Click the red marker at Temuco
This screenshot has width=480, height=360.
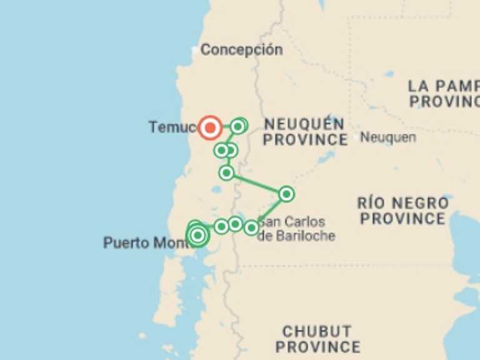[x=210, y=127]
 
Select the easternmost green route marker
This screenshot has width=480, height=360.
[x=286, y=194]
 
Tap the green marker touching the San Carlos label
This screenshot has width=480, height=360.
[x=251, y=227]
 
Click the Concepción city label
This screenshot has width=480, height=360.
[x=241, y=50]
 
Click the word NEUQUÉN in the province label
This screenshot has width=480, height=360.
[x=304, y=124]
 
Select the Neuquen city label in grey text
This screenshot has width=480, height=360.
[x=387, y=137]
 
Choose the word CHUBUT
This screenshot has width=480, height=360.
[x=317, y=332]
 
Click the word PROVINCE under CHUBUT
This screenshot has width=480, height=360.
[x=317, y=347]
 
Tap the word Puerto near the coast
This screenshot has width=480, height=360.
[x=126, y=242]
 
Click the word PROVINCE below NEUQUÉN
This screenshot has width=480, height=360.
[x=305, y=139]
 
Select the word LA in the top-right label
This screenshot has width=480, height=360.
[x=417, y=86]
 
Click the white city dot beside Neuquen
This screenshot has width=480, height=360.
[x=356, y=136]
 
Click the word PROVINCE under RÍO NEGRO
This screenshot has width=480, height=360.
[x=402, y=219]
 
